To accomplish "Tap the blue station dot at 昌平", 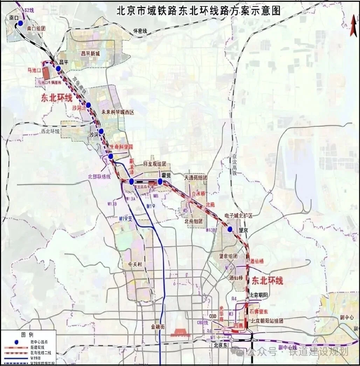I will [58, 68].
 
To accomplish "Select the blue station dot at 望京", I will [230, 229].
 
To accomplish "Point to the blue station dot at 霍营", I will [160, 181].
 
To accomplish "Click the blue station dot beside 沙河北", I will [88, 105].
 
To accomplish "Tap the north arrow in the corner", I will [353, 26].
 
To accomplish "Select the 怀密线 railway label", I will [139, 31].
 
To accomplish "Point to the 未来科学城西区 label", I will [118, 113].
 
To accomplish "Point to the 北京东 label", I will [221, 345].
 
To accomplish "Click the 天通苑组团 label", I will [195, 178].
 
